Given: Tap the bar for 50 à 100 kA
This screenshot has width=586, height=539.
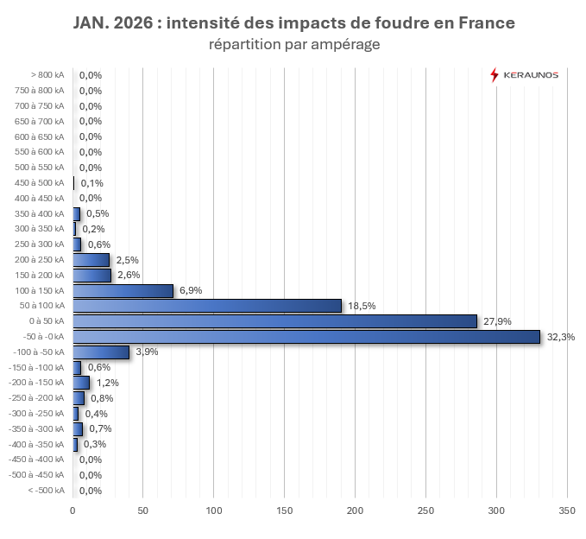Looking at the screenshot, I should (x=207, y=306).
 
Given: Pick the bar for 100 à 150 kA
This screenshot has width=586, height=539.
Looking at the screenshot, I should (x=123, y=290).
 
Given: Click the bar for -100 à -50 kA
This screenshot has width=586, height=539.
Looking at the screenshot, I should (x=101, y=352).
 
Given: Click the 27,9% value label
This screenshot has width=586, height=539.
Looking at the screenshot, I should (x=497, y=321).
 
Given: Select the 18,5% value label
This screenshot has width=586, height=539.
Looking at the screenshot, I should (x=362, y=306).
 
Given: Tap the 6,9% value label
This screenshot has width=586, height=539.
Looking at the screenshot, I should (x=191, y=290).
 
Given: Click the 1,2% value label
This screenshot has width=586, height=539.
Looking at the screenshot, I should (x=108, y=383).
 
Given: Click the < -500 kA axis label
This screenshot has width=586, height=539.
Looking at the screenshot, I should (x=46, y=491).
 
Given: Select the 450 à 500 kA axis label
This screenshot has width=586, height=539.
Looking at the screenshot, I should (x=40, y=183).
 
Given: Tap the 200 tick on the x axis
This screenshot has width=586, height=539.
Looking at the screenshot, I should (x=355, y=511).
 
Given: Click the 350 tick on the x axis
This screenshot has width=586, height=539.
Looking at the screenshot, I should (x=566, y=511).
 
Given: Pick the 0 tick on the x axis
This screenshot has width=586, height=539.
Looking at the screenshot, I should (x=72, y=511).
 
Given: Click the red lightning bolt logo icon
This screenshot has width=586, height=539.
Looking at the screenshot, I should (x=494, y=75).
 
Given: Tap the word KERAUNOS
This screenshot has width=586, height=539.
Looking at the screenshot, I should (x=532, y=75).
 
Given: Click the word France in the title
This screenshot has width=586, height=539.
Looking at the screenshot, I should (x=482, y=23).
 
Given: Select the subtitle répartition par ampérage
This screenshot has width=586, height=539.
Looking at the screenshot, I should (x=294, y=44).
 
